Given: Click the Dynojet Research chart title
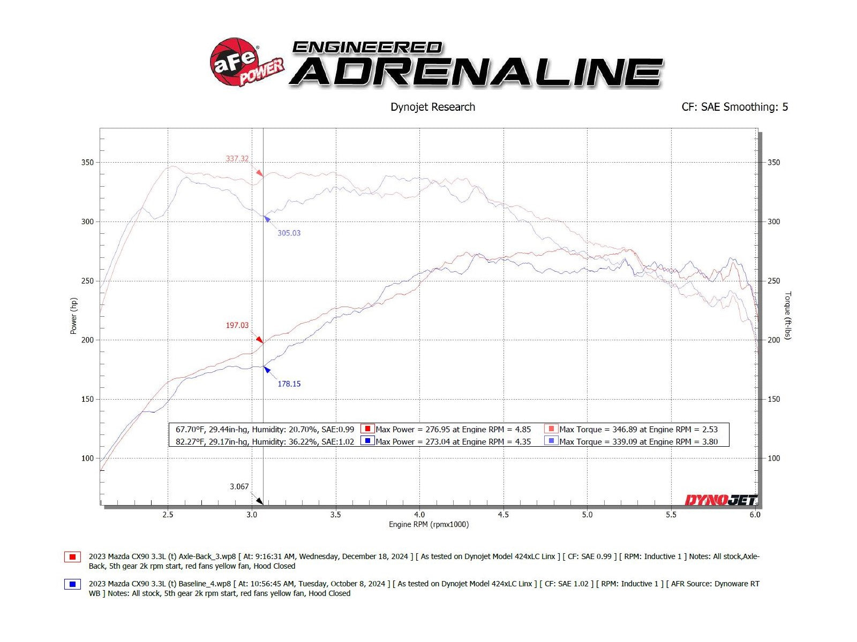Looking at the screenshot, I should tap(433, 107).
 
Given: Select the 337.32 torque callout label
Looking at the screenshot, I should tap(237, 159).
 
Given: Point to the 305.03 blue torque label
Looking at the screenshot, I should tap(289, 233).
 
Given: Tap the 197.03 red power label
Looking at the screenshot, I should tap(237, 325).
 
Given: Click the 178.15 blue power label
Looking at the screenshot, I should tap(289, 384).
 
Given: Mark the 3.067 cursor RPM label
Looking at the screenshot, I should tap(239, 487).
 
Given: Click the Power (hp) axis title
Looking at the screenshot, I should tap(74, 316).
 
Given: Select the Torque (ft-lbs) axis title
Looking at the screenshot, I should tap(787, 316).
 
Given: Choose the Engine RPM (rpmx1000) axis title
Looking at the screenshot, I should tap(428, 525).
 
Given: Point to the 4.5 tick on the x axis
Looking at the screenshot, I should tap(503, 515).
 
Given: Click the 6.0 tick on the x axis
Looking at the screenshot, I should tap(755, 515).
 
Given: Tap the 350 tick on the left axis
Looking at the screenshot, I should tap(87, 163).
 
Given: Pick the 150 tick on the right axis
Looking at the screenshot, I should tap(773, 399).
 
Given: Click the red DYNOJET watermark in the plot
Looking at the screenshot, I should tap(721, 500).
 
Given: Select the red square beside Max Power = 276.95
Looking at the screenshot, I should tap(367, 429).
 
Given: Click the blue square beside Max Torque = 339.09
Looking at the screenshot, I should tap(551, 441).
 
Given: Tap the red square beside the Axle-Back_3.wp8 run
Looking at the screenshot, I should tap(72, 557).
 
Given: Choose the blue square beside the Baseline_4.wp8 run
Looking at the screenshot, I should tap(72, 584).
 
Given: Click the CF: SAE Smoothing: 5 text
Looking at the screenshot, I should tap(734, 107).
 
